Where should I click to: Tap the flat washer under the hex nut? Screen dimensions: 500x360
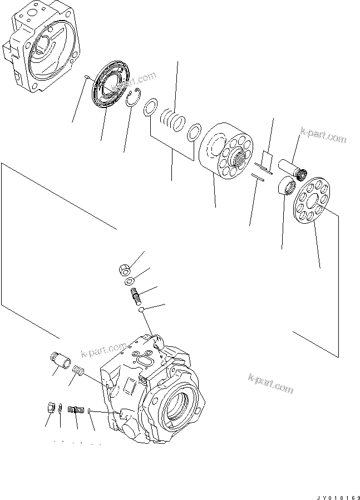click(129, 281)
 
